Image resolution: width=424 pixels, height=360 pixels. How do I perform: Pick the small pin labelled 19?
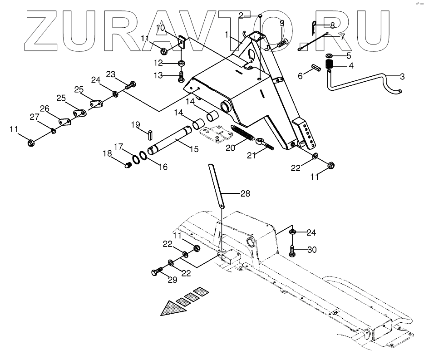[x=150, y=135]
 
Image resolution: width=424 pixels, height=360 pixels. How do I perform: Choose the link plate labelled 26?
[x=65, y=122]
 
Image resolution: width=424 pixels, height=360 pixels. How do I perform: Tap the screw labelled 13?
[x=182, y=76]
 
